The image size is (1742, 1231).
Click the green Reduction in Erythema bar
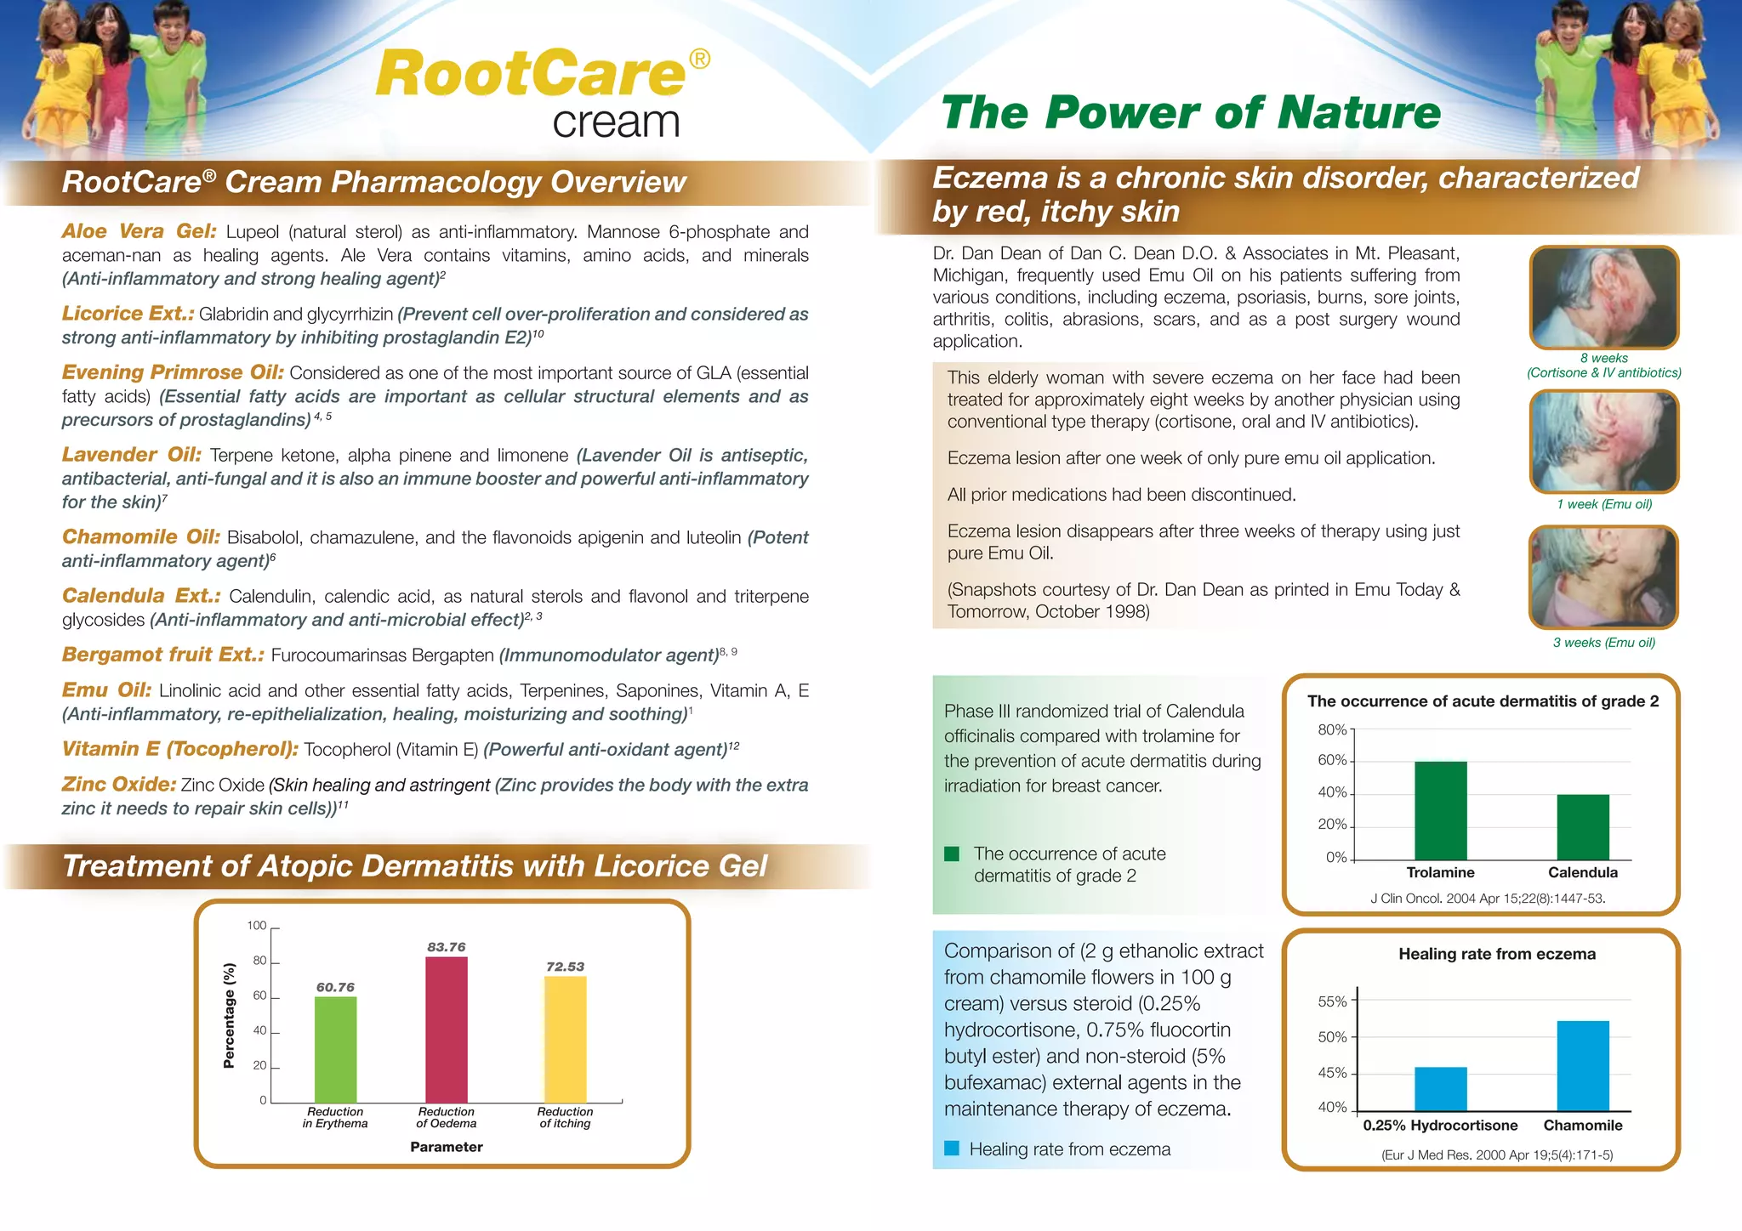(x=335, y=1049)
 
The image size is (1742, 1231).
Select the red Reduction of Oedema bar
(x=446, y=1030)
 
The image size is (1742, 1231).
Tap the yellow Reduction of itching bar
(x=565, y=1039)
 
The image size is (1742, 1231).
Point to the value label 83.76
(x=446, y=947)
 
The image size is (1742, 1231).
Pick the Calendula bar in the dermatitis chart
(x=1582, y=826)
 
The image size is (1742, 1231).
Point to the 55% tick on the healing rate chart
(x=1333, y=1001)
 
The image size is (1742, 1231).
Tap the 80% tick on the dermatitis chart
(x=1333, y=729)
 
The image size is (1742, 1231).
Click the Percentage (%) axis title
(x=229, y=1015)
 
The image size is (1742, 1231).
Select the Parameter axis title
(x=446, y=1147)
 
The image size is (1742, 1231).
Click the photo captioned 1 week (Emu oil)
(x=1603, y=441)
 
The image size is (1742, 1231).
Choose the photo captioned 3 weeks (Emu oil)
(x=1603, y=577)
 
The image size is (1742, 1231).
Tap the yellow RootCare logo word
(x=531, y=73)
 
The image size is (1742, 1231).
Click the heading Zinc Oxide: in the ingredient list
(x=119, y=784)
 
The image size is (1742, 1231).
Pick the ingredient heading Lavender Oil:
(x=131, y=455)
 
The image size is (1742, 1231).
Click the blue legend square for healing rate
(x=952, y=1149)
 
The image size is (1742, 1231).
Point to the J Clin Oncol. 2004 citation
(x=1488, y=898)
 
